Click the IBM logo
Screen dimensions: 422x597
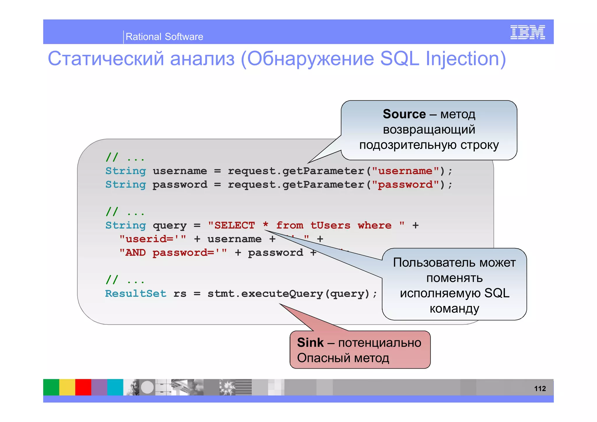point(527,32)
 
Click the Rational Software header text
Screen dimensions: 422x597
point(164,37)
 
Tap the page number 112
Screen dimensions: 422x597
point(540,388)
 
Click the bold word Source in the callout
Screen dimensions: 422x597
point(404,114)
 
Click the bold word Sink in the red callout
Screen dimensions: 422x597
point(310,342)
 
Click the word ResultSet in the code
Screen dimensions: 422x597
point(136,293)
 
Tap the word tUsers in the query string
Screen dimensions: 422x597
point(330,225)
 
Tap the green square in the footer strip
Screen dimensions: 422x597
point(51,387)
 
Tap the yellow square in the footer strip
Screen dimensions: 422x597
point(67,387)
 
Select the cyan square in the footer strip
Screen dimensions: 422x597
point(115,387)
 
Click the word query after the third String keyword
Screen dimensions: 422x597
point(169,226)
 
